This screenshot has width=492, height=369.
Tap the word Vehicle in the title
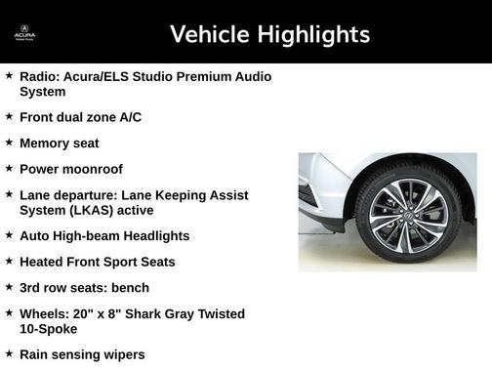point(210,35)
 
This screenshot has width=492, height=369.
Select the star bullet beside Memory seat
point(9,143)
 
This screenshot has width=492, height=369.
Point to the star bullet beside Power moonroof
point(9,169)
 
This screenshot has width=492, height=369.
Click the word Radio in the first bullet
point(37,76)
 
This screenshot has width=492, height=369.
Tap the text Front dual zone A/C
point(80,117)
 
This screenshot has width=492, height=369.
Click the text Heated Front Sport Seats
point(97,262)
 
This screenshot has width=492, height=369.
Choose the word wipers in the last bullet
point(124,354)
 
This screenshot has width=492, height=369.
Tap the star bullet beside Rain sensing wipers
point(9,353)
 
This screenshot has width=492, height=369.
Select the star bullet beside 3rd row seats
point(9,287)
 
